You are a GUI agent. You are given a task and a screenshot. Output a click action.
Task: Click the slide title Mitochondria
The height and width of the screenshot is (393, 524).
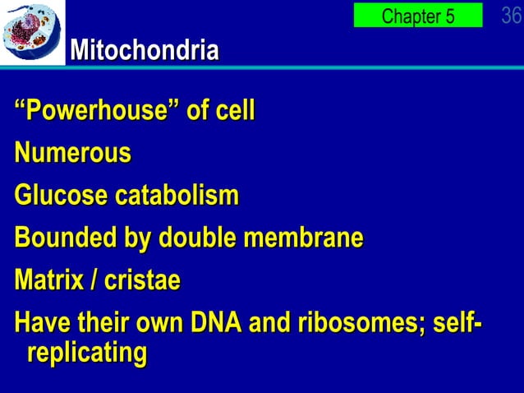click(145, 51)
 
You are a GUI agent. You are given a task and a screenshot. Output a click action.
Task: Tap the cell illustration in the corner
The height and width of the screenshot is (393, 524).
click(32, 32)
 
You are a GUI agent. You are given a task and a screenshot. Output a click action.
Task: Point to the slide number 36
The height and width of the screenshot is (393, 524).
click(511, 15)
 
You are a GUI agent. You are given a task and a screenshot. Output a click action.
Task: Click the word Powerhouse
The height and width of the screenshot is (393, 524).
click(98, 110)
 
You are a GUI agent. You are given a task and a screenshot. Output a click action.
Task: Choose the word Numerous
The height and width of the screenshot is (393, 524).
click(72, 153)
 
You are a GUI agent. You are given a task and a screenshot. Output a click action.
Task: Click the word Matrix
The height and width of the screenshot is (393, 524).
click(47, 281)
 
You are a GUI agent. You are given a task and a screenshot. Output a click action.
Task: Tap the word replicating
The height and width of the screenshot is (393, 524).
click(86, 354)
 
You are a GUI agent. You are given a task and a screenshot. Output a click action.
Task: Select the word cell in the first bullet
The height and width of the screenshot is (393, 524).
click(235, 110)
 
